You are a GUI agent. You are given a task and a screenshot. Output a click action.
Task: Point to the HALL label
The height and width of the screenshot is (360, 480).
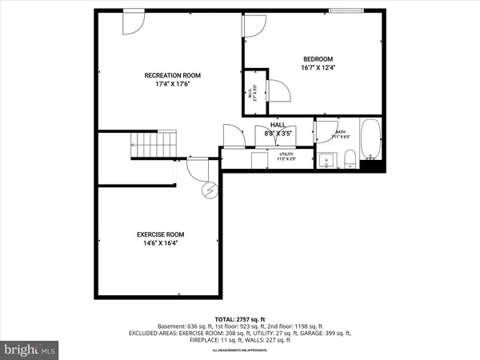tap(278, 126)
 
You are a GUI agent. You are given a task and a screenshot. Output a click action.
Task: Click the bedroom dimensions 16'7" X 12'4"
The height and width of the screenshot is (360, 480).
tap(318, 68)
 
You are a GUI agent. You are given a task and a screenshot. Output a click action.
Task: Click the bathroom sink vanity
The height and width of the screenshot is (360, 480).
tap(326, 161)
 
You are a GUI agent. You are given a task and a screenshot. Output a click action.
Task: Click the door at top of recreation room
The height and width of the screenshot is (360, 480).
tap(133, 24)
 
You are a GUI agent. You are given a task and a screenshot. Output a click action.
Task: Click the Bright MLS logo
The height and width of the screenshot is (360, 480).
tap(30, 350)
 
